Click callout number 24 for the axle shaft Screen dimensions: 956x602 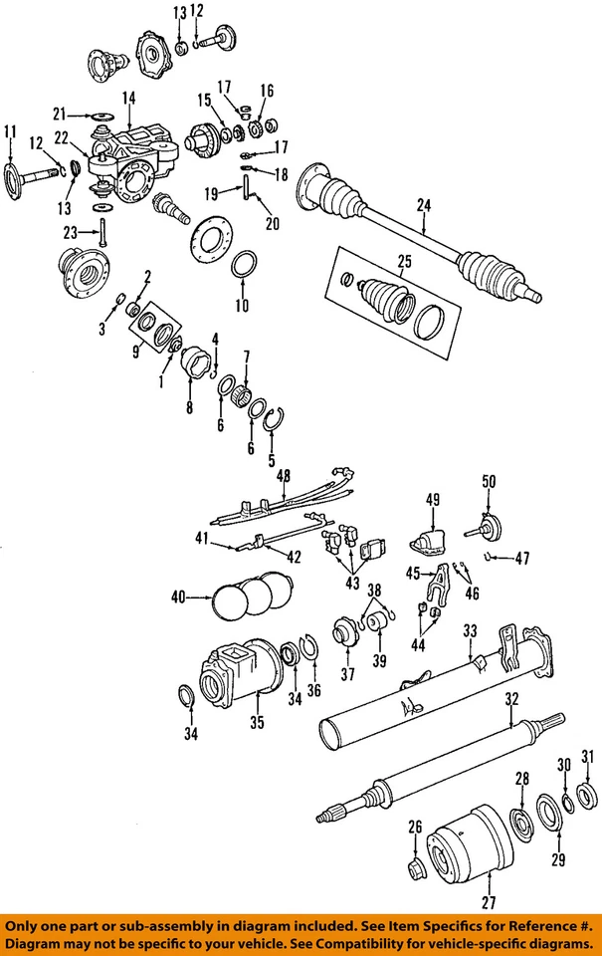pyautogui.click(x=424, y=206)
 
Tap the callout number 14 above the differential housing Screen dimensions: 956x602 pyautogui.click(x=128, y=98)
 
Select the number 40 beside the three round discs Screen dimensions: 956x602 pyautogui.click(x=178, y=597)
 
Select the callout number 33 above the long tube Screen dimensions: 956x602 pyautogui.click(x=470, y=630)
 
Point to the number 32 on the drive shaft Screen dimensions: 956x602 pyautogui.click(x=510, y=699)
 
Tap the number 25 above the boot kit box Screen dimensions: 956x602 pyautogui.click(x=403, y=264)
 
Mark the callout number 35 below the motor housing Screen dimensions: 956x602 pyautogui.click(x=257, y=723)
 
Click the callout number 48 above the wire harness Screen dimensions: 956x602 pyautogui.click(x=286, y=475)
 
